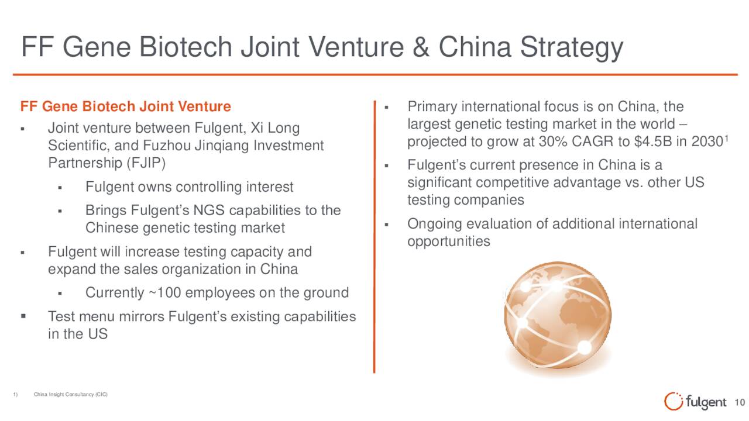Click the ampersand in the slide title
click(x=421, y=47)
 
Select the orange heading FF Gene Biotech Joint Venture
click(x=125, y=106)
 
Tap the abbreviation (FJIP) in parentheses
click(x=146, y=163)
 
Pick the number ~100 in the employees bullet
click(x=164, y=293)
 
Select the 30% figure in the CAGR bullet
click(x=553, y=142)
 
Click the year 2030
click(x=707, y=142)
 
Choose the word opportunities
click(x=449, y=242)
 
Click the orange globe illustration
click(x=558, y=315)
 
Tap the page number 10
click(x=740, y=403)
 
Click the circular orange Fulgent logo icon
click(x=673, y=401)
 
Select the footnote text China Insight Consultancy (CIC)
click(x=71, y=394)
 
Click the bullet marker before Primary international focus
click(x=386, y=108)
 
